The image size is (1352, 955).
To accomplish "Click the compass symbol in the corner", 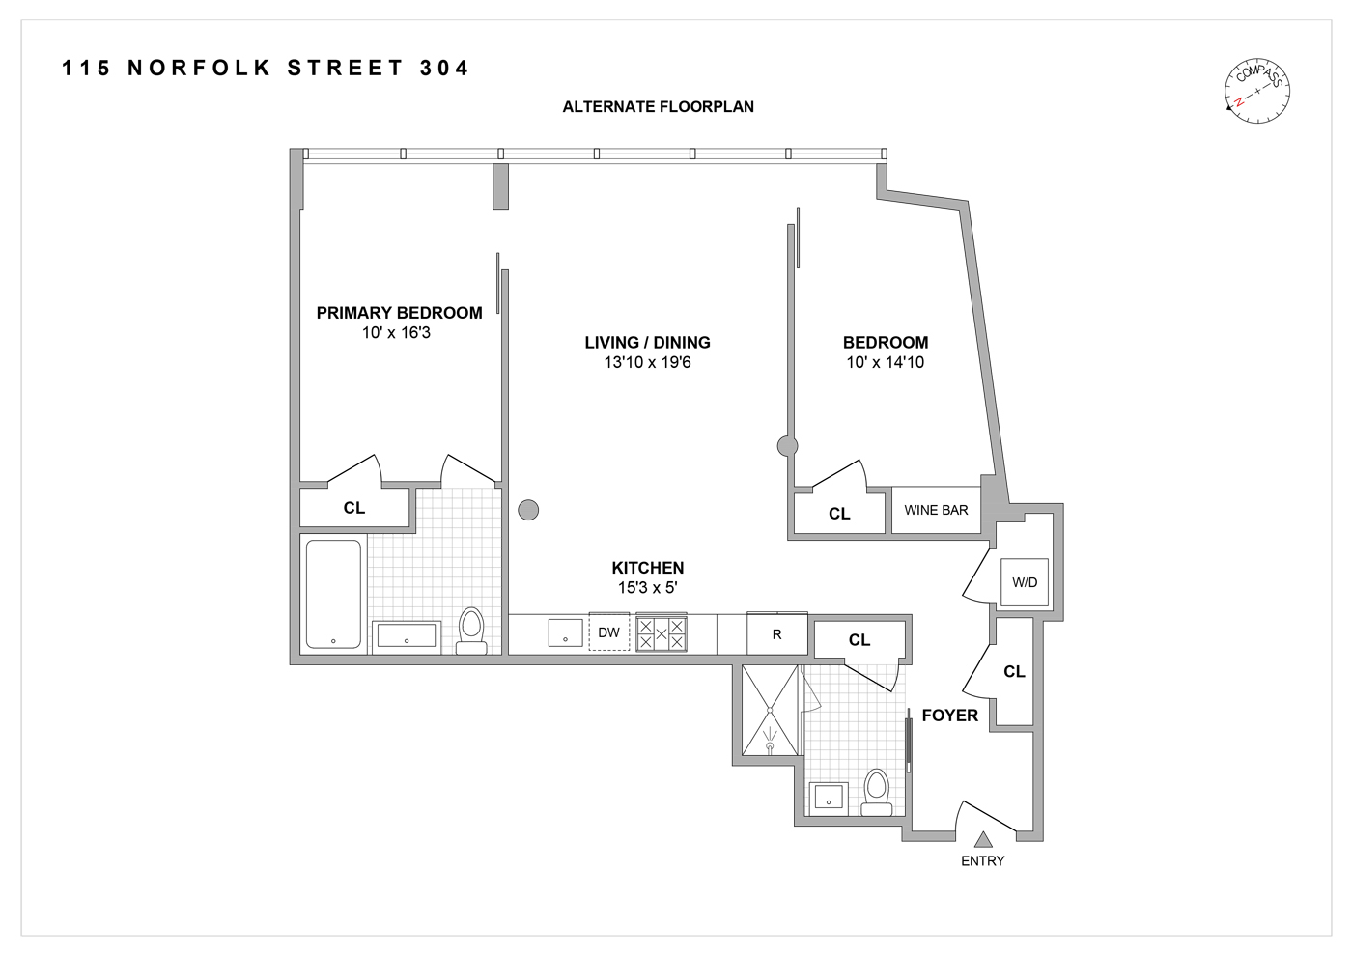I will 1257,92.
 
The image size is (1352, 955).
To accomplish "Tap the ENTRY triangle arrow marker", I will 983,840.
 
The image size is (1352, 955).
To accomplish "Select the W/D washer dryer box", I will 1025,582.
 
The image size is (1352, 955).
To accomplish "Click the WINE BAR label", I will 936,510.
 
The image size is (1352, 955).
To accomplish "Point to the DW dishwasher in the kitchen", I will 608,633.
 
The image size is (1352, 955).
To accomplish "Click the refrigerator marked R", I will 776,634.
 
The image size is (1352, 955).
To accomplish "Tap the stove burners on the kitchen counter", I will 662,633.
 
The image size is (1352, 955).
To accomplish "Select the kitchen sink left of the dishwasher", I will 565,633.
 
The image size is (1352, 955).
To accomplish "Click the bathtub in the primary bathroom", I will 334,594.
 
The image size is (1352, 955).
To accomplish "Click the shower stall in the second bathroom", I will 771,711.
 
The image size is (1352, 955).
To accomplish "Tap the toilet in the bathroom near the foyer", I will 877,792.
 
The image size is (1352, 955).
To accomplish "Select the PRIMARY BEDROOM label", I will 399,313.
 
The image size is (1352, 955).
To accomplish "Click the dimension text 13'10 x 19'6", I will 647,363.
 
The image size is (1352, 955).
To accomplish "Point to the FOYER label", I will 949,716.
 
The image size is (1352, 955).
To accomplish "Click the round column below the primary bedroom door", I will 528,510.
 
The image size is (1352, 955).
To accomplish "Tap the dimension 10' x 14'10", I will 885,363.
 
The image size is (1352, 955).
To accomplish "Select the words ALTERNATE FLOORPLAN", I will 658,107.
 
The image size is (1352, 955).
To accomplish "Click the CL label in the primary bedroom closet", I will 354,508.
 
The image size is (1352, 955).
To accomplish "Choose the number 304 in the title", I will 444,69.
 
